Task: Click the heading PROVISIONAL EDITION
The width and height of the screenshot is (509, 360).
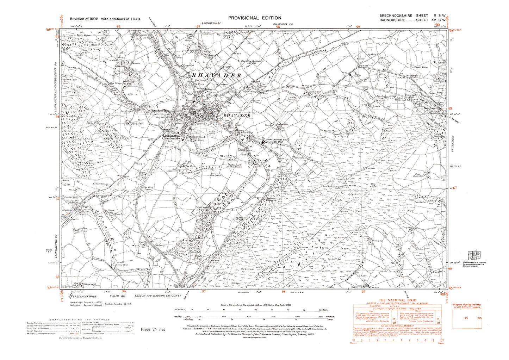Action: click(255, 18)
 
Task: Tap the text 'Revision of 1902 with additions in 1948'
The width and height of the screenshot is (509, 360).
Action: click(106, 19)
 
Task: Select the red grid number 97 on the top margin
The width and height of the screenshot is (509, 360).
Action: click(198, 27)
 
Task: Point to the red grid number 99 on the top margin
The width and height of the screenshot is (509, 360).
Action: click(358, 27)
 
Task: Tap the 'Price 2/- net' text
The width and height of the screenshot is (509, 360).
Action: click(153, 329)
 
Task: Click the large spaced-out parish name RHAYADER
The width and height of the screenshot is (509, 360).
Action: click(216, 75)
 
